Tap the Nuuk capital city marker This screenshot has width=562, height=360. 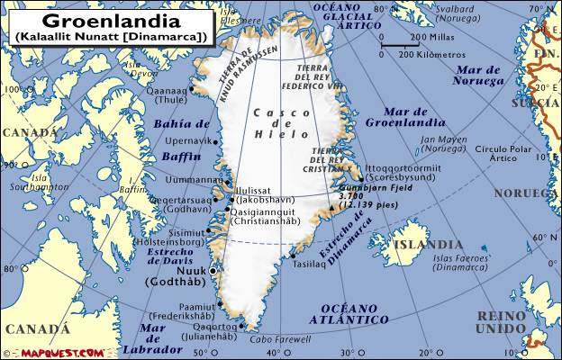pos(213,270)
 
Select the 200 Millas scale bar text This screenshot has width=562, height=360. pos(431,38)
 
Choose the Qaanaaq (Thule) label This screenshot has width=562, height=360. pos(176,95)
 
